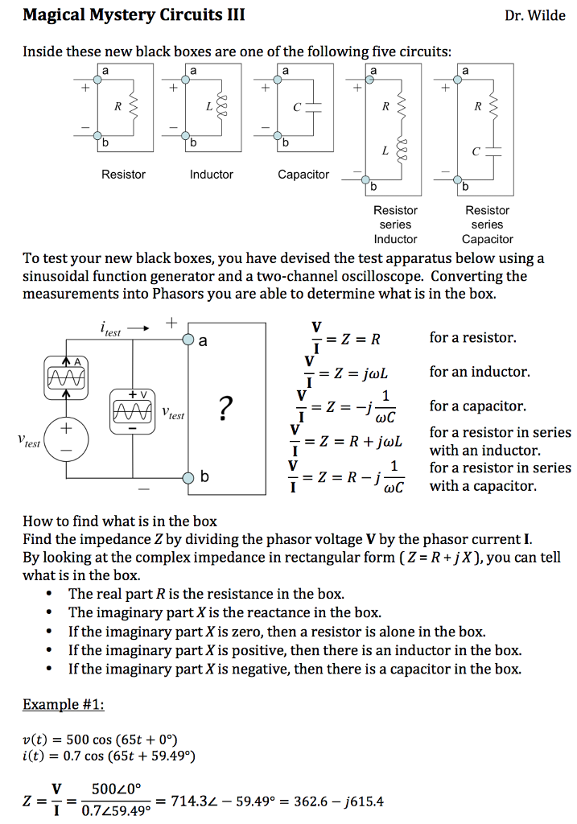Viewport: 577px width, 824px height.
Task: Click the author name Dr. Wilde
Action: (x=535, y=16)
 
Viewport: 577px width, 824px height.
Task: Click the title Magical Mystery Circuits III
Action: (x=134, y=15)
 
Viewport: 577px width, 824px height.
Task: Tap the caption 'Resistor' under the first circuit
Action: (x=123, y=175)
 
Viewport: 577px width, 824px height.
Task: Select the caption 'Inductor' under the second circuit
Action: (x=212, y=175)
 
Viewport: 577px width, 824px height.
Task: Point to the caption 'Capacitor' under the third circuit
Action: (x=303, y=175)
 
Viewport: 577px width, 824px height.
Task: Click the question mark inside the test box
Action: (x=226, y=410)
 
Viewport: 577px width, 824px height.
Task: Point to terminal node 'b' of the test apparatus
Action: (x=188, y=476)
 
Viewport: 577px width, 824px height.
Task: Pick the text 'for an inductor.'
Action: (x=480, y=372)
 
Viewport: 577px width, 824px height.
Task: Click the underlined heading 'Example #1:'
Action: (x=64, y=704)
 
